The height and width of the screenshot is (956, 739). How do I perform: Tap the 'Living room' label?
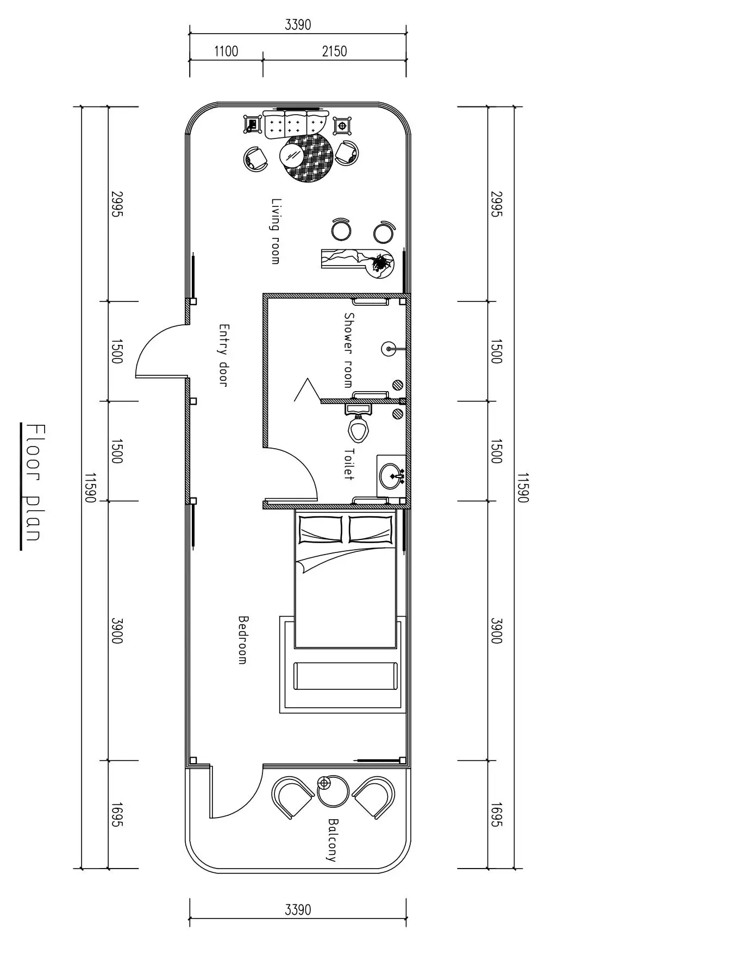coord(276,231)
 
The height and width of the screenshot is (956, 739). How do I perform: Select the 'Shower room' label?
coord(348,350)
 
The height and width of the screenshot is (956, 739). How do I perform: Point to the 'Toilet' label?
coord(348,464)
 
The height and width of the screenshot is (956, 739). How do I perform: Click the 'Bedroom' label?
coord(243,640)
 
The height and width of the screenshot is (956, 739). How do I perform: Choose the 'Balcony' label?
coord(332,840)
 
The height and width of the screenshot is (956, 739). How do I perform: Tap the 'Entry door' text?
coord(223,356)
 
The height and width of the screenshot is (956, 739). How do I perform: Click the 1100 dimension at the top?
coord(226,52)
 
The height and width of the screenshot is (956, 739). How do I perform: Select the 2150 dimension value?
coord(334,52)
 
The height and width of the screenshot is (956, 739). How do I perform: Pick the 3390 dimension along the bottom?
coord(298,909)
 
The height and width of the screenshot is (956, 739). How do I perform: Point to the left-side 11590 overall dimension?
coord(90,488)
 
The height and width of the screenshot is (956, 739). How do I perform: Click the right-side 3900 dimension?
coord(496,631)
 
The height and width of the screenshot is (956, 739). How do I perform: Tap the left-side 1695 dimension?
coord(116,815)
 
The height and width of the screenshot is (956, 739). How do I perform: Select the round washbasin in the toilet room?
coord(392,476)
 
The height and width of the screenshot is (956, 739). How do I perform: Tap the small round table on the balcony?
coord(333,791)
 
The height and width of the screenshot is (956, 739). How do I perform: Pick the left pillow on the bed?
coord(321,529)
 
